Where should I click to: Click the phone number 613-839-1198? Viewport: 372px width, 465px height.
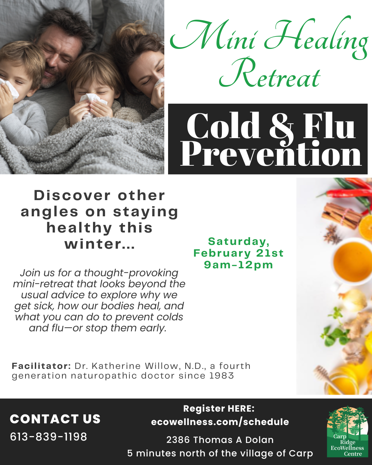click(49, 437)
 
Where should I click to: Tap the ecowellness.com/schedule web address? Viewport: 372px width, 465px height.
click(220, 422)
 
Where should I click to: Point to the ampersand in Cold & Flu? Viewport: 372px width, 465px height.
click(282, 127)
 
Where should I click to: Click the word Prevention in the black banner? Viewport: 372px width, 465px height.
click(271, 153)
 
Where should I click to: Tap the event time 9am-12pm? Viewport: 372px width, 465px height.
click(238, 265)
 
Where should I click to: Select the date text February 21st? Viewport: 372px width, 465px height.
click(238, 253)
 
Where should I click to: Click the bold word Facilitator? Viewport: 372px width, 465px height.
click(41, 366)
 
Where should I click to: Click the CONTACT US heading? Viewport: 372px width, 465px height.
click(55, 419)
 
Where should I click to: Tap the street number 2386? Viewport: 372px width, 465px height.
click(178, 440)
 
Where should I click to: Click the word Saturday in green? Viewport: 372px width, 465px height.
click(239, 241)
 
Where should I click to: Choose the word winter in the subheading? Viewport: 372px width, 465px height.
click(95, 244)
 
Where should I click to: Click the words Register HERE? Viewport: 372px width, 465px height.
click(219, 409)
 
